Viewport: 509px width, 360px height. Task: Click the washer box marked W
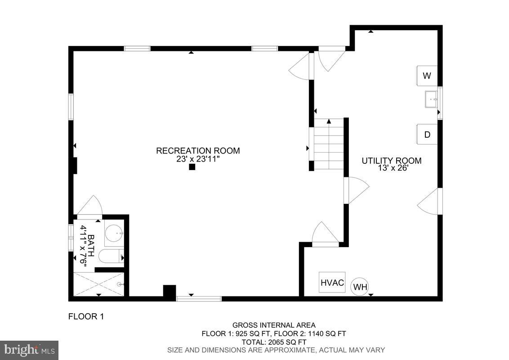click(427, 76)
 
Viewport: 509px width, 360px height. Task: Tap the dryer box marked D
click(427, 134)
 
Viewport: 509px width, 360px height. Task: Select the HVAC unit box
click(332, 283)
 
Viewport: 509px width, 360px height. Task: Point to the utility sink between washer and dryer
click(432, 99)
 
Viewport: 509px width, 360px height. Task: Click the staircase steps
click(329, 144)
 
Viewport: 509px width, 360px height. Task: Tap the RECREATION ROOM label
click(198, 151)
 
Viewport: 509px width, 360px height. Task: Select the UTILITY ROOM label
click(392, 161)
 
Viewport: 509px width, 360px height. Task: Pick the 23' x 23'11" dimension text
click(198, 159)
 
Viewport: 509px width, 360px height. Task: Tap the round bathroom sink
click(114, 233)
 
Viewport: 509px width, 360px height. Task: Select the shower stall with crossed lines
click(98, 284)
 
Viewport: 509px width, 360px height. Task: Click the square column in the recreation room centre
click(192, 167)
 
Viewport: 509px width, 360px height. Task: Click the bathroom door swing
click(91, 207)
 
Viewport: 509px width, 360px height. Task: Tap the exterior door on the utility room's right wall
click(429, 201)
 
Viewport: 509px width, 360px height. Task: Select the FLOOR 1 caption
click(86, 316)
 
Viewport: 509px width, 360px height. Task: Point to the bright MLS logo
click(29, 350)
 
